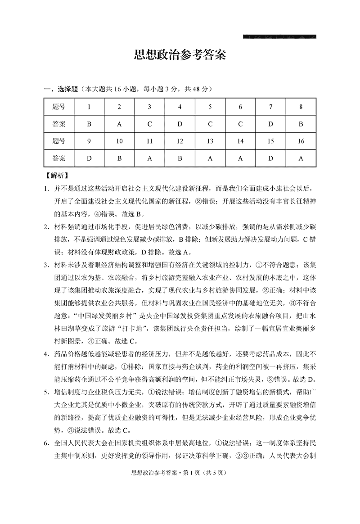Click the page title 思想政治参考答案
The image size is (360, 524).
coord(180,55)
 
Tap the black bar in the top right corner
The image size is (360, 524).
coord(279,36)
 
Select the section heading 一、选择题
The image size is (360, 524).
coord(63,90)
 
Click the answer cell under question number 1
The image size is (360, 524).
coord(89,124)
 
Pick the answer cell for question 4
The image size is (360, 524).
coord(180,124)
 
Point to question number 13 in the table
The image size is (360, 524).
coord(210,141)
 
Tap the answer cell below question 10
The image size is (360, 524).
coord(119,158)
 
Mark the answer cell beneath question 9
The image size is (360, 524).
coord(89,158)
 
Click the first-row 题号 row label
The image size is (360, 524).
coord(59,107)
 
